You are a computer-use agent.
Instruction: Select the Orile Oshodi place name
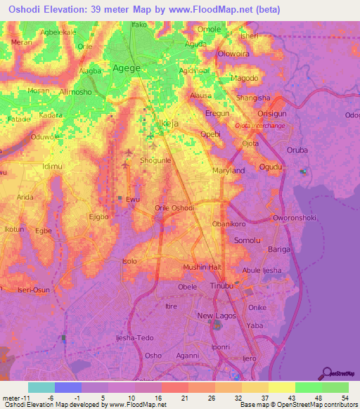pyautogui.click(x=174, y=208)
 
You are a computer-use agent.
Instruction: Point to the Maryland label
pyautogui.click(x=229, y=171)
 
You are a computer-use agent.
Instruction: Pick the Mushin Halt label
pyautogui.click(x=202, y=268)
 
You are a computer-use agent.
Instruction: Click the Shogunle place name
pyautogui.click(x=156, y=160)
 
